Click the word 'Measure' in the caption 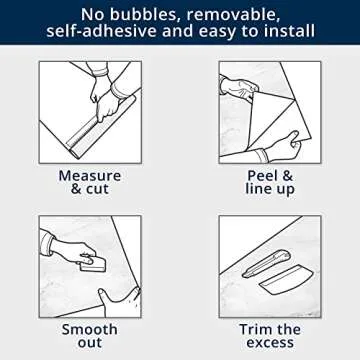click(x=90, y=175)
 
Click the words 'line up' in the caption click(x=270, y=190)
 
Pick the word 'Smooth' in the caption click(x=90, y=329)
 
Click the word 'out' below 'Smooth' click(x=90, y=345)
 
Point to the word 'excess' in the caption click(x=270, y=345)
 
